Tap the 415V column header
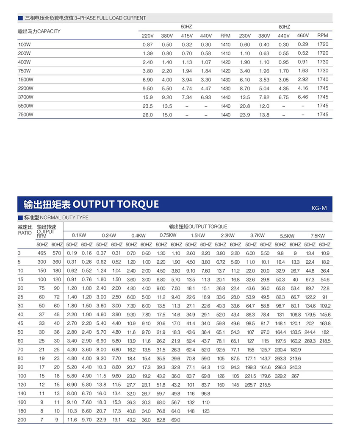coord(187,36)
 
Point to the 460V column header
coord(303,35)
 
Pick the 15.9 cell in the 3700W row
coord(147,97)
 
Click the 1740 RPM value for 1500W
coord(323,79)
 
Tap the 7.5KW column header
coord(318,236)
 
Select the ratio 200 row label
coord(22,420)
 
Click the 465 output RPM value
coord(42,253)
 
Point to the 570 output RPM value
coord(56,253)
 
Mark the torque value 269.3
coord(310,341)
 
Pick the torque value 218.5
coord(325,341)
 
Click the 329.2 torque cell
coord(281,376)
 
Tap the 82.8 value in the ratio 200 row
coord(161,420)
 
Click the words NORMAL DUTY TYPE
coord(64,218)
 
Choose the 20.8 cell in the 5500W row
coord(245,106)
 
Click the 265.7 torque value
coord(251,385)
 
